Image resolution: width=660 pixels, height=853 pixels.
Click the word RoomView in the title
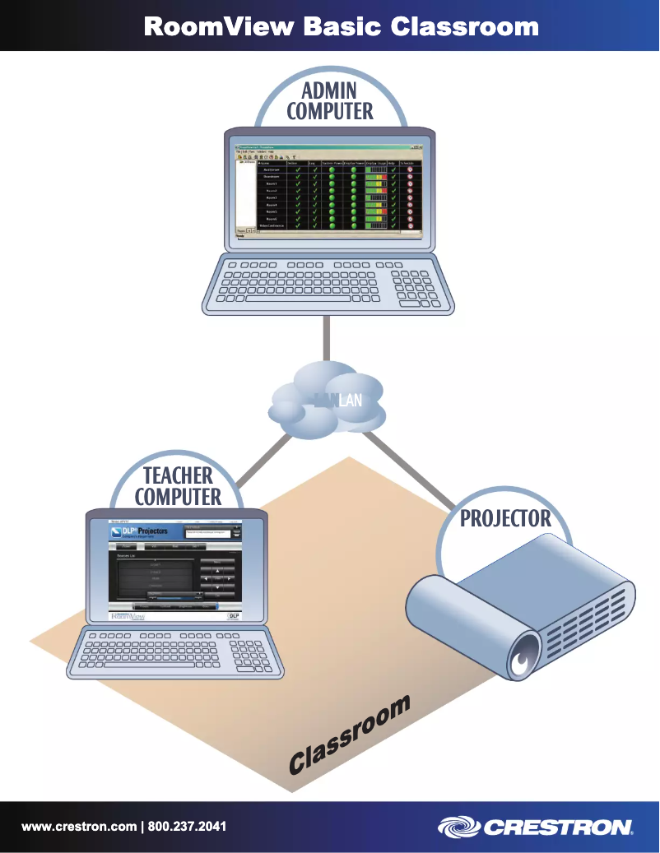tap(219, 26)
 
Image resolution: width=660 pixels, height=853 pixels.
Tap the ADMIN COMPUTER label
tap(329, 101)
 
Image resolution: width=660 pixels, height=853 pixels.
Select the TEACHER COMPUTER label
tap(178, 486)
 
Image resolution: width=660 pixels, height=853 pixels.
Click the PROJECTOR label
tap(504, 518)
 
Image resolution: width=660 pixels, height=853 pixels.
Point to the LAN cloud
tap(328, 399)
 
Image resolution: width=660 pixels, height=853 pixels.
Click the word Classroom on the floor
tap(350, 735)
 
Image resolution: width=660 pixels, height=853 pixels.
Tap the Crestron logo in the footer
tap(535, 827)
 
